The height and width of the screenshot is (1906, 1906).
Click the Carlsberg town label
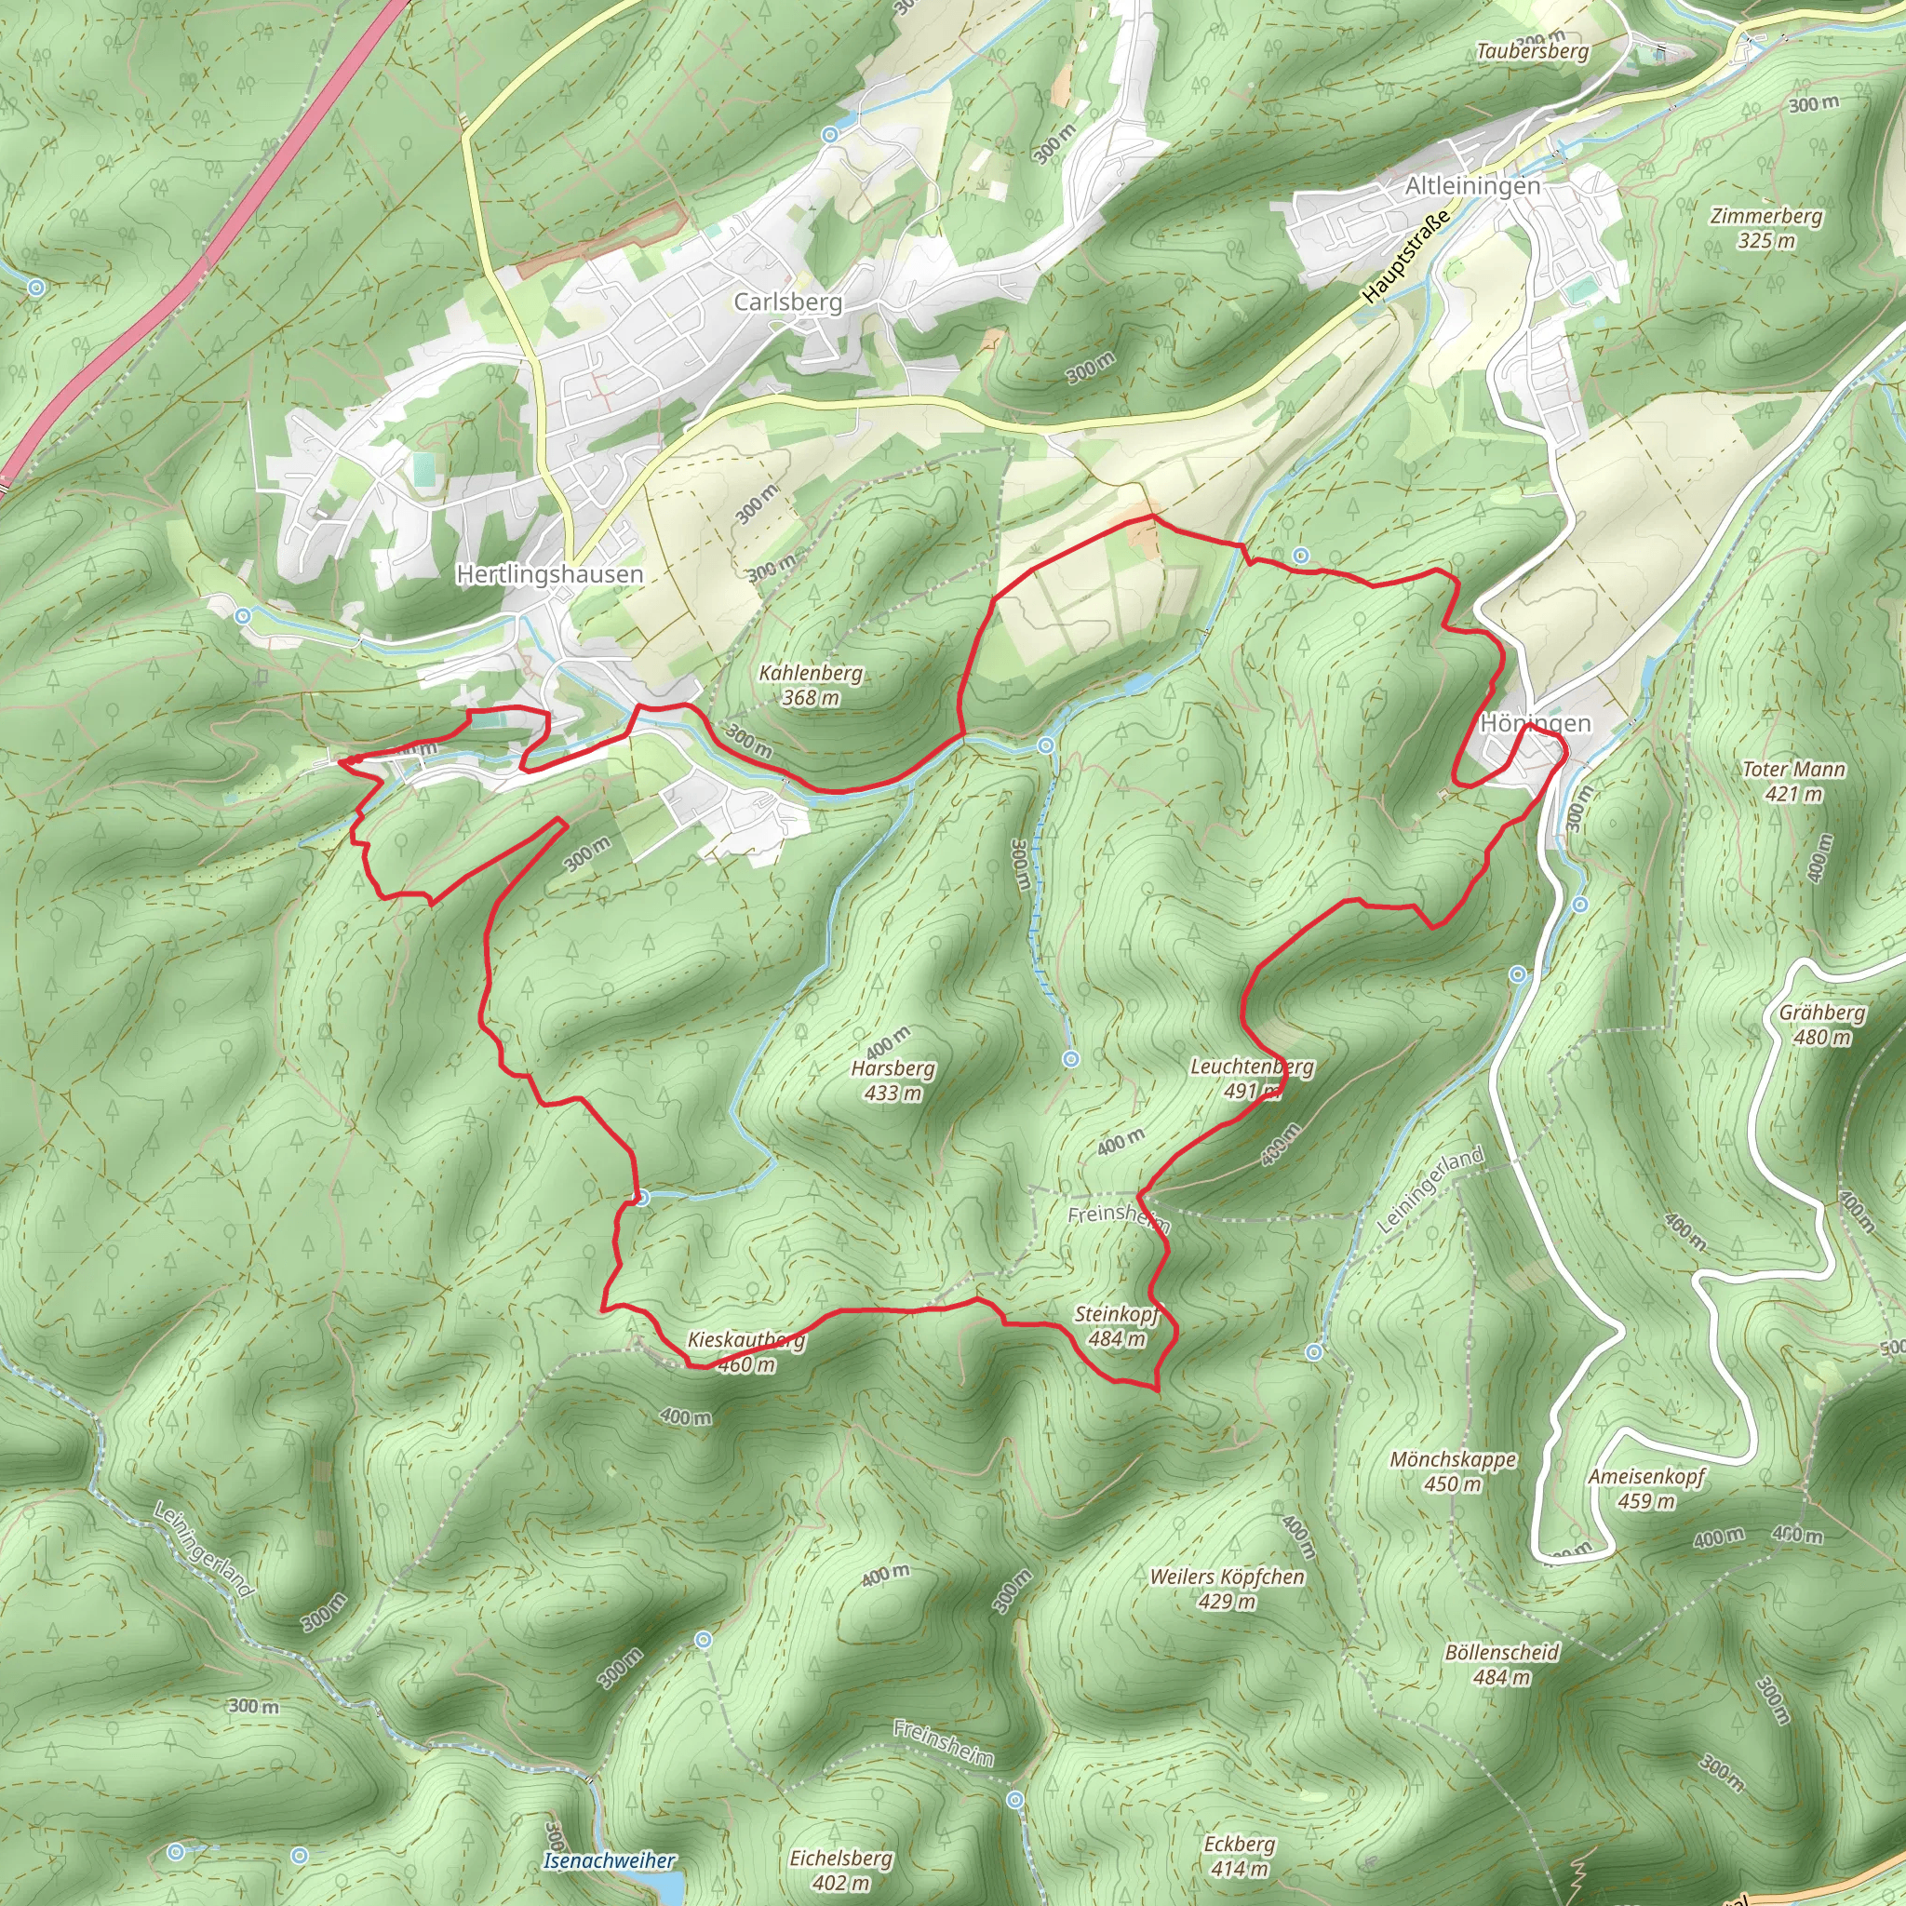click(787, 302)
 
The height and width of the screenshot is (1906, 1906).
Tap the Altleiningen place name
click(1472, 186)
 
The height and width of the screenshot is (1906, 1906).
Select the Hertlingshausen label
click(549, 574)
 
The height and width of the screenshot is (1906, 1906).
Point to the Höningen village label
click(1535, 723)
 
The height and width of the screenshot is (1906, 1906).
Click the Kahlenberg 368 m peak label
click(811, 685)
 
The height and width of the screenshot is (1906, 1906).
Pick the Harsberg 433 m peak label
click(893, 1081)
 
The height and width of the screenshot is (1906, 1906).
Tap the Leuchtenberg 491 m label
click(1252, 1079)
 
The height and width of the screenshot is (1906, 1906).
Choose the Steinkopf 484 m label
click(1117, 1326)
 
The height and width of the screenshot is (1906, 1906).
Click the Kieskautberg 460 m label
click(746, 1351)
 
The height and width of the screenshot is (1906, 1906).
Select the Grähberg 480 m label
click(1822, 1024)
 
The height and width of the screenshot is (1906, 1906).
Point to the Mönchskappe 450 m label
click(1453, 1471)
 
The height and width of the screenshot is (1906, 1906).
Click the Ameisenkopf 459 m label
click(1646, 1489)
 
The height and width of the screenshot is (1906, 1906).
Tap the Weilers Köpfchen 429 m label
click(1228, 1589)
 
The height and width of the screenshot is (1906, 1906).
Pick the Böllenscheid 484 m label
click(1501, 1664)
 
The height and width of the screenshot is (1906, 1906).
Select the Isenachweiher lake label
click(609, 1861)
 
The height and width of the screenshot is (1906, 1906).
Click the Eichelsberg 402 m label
click(840, 1871)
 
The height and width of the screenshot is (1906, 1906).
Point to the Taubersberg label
click(1532, 51)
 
